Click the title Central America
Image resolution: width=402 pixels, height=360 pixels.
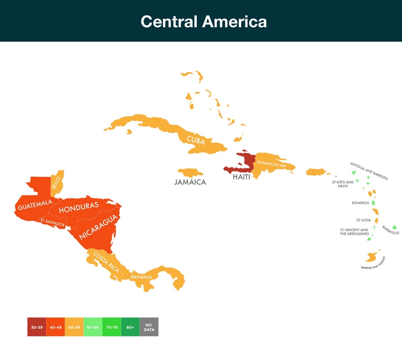[x=204, y=21]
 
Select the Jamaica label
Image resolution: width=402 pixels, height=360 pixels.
[x=190, y=182]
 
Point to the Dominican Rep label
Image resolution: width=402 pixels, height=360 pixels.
[x=272, y=164]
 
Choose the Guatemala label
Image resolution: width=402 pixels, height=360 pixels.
[x=35, y=205]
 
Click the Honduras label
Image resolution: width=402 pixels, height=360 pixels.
[x=79, y=208]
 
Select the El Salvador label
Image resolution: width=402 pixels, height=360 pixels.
[x=52, y=223]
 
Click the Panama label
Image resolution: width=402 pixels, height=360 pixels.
[x=141, y=276]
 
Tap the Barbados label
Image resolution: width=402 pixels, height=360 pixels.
[x=390, y=230]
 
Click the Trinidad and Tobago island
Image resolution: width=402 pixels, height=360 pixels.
[x=372, y=257]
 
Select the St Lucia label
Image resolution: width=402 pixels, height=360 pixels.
[x=363, y=220]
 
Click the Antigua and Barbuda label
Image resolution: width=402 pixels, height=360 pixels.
[x=369, y=171]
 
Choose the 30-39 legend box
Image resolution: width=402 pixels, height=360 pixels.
[x=37, y=327]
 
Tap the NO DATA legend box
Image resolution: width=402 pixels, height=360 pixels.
[x=149, y=327]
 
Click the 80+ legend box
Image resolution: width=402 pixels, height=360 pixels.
[x=130, y=327]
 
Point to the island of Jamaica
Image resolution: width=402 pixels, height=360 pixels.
[x=190, y=172]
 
